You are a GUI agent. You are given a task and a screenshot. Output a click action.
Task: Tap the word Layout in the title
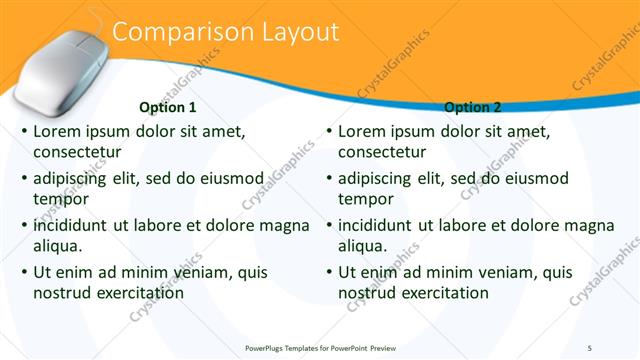299,32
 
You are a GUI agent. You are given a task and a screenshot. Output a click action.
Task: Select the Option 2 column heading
472,107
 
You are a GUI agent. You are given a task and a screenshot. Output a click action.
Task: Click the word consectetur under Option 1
77,152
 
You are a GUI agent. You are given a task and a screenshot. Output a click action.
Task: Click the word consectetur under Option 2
382,152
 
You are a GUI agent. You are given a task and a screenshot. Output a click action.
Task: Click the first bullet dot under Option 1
23,132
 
